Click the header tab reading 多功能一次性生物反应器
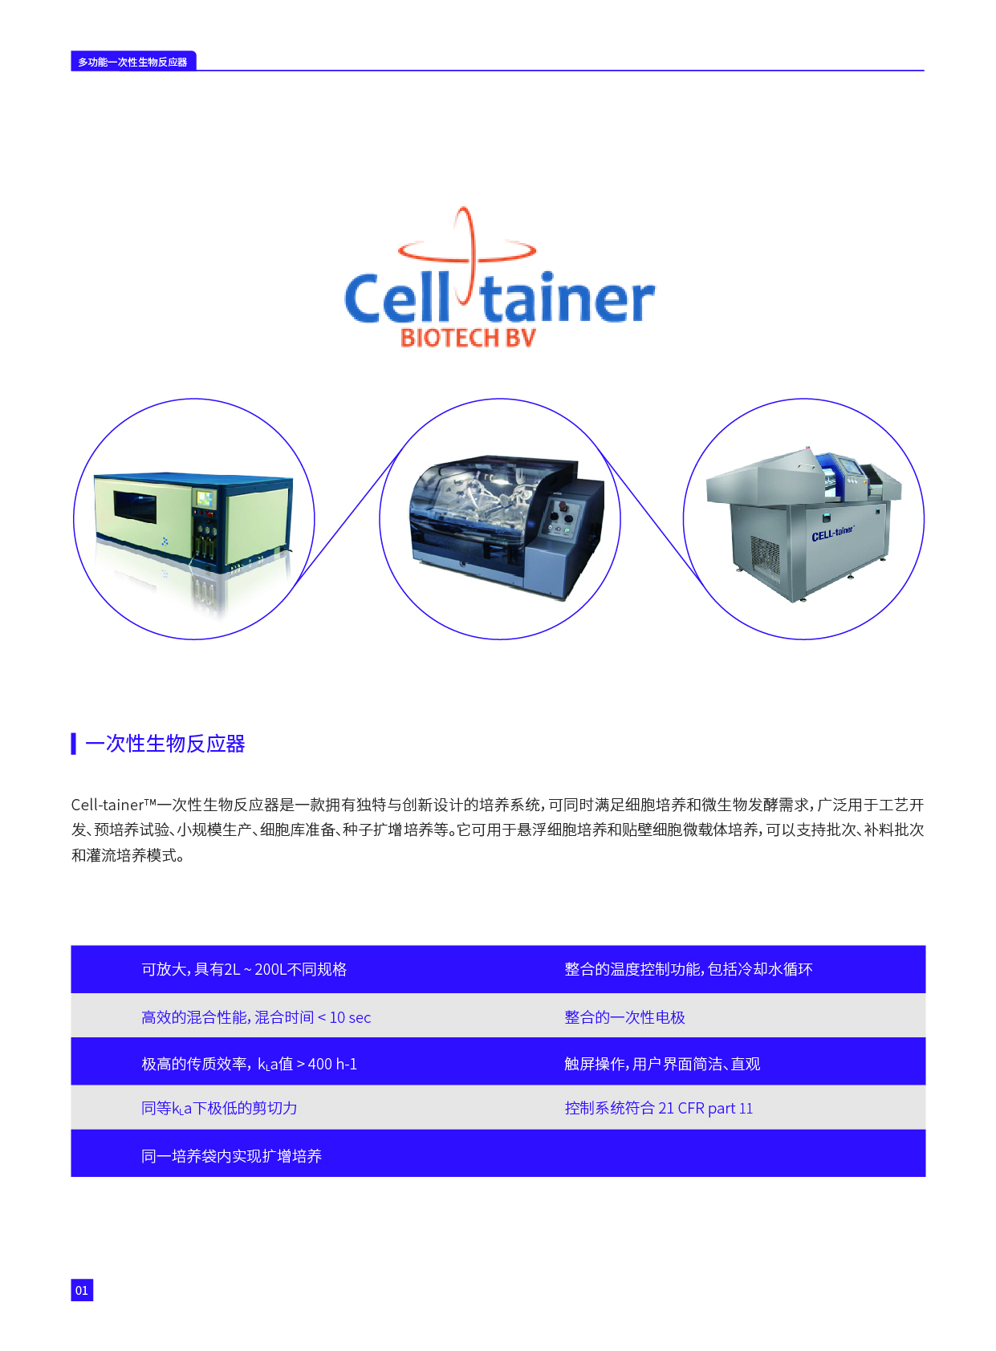coord(133,61)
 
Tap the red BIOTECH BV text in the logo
coord(468,339)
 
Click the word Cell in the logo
coord(397,298)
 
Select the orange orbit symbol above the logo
coord(466,254)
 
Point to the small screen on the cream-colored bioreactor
coord(205,499)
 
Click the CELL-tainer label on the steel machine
coord(832,533)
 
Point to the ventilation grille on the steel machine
coord(764,558)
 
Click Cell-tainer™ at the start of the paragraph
coord(114,805)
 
